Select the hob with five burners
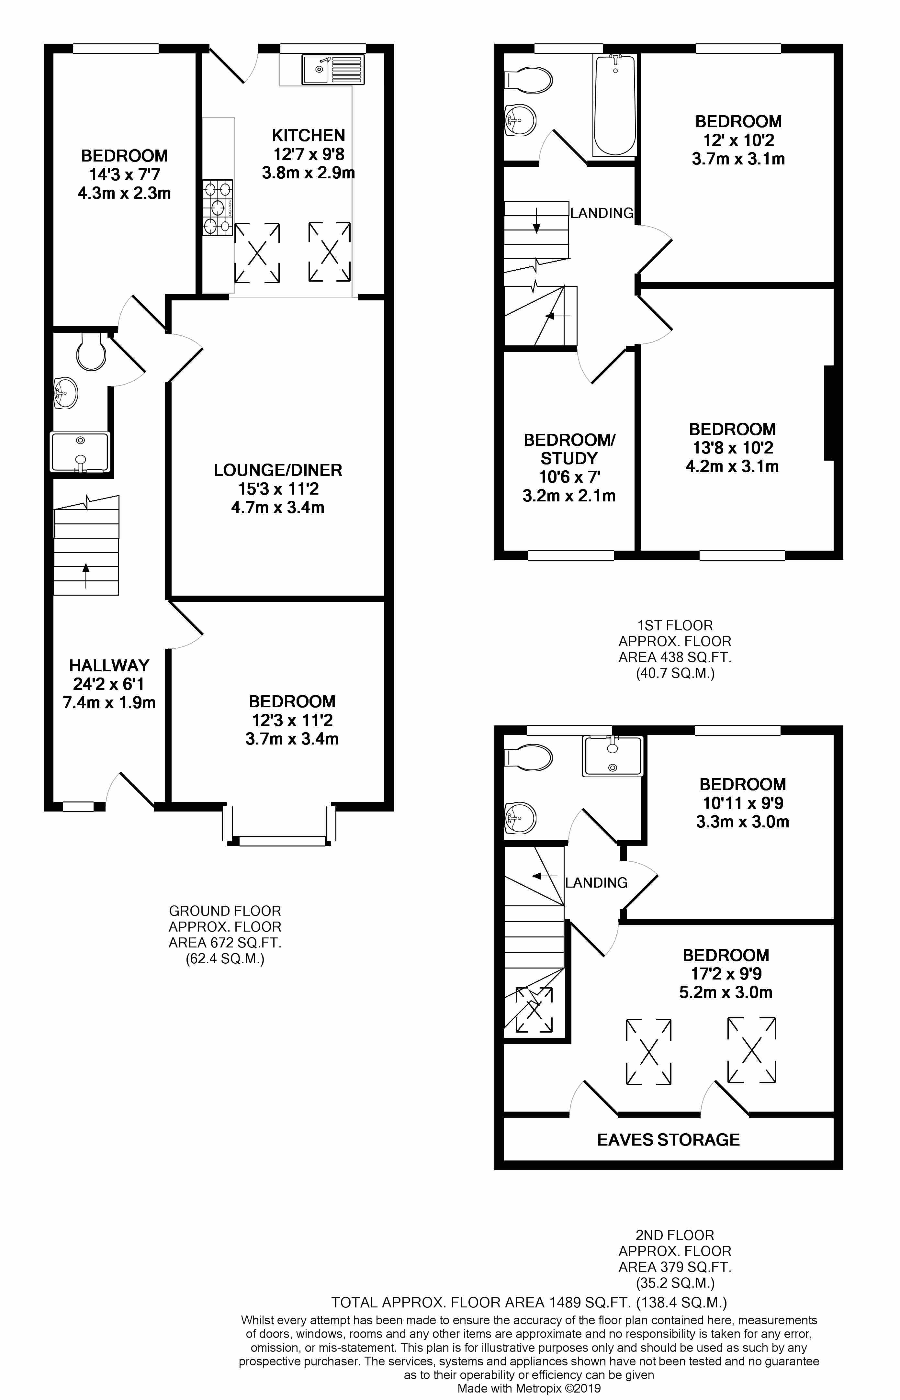[218, 207]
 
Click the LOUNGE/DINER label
[277, 470]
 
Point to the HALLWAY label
[109, 666]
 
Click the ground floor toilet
[91, 352]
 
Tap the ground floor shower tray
[80, 452]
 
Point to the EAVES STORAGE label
[668, 1139]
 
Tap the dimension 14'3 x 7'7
[125, 175]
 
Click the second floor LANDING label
[596, 882]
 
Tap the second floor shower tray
[612, 756]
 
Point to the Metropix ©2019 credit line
[529, 1388]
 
